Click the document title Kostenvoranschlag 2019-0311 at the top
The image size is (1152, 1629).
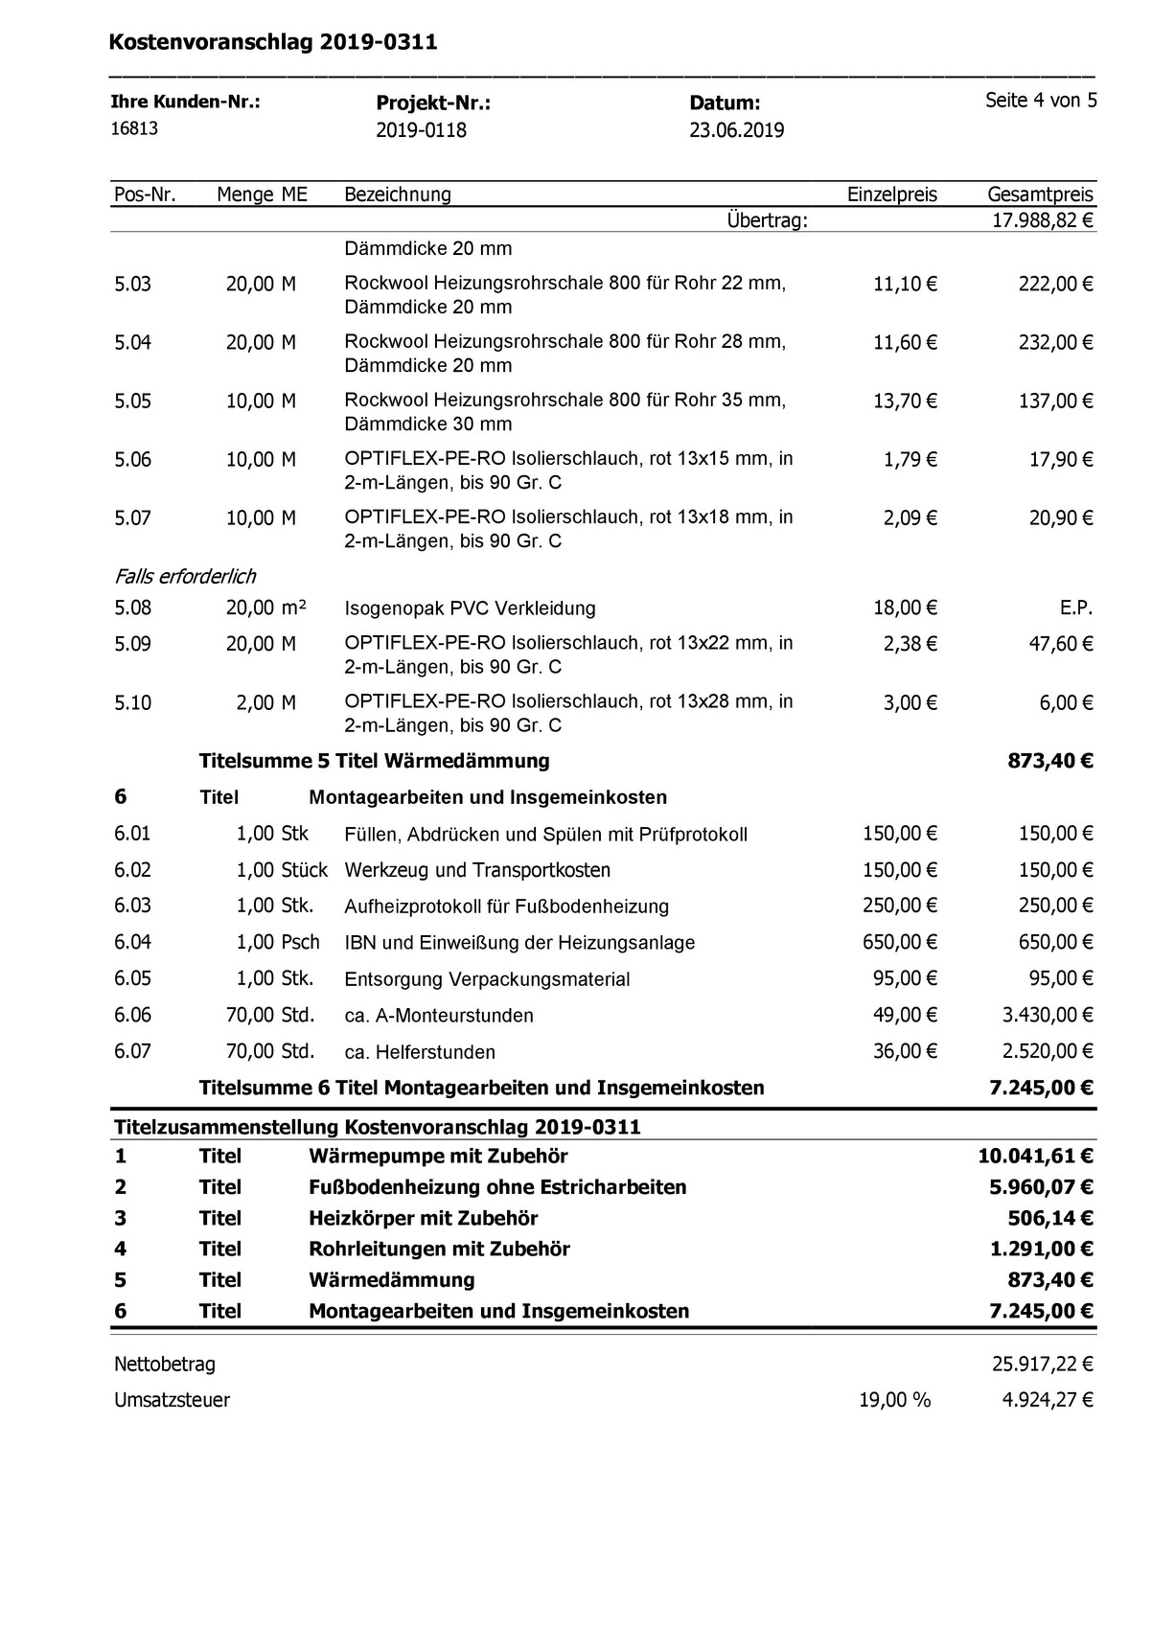[273, 42]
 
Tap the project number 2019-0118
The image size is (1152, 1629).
[421, 130]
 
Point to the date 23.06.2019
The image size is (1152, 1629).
[736, 130]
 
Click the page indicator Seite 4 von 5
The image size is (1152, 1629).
[1041, 101]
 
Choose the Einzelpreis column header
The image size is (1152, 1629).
[891, 195]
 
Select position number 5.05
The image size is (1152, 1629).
[133, 401]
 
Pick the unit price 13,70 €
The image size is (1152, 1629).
[904, 401]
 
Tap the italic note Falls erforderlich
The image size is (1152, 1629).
[185, 576]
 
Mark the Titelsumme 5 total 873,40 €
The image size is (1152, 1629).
[1049, 761]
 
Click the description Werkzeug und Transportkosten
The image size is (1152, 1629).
[477, 870]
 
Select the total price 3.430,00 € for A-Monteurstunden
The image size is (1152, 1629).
[1047, 1015]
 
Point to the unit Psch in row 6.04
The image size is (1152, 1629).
[300, 942]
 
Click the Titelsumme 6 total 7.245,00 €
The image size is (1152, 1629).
[1041, 1088]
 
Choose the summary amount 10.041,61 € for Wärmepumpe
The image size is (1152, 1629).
[1035, 1156]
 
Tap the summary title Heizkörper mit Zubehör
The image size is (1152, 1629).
[423, 1218]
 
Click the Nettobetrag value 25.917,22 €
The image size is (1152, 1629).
[1042, 1364]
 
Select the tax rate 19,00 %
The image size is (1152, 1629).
[894, 1400]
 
